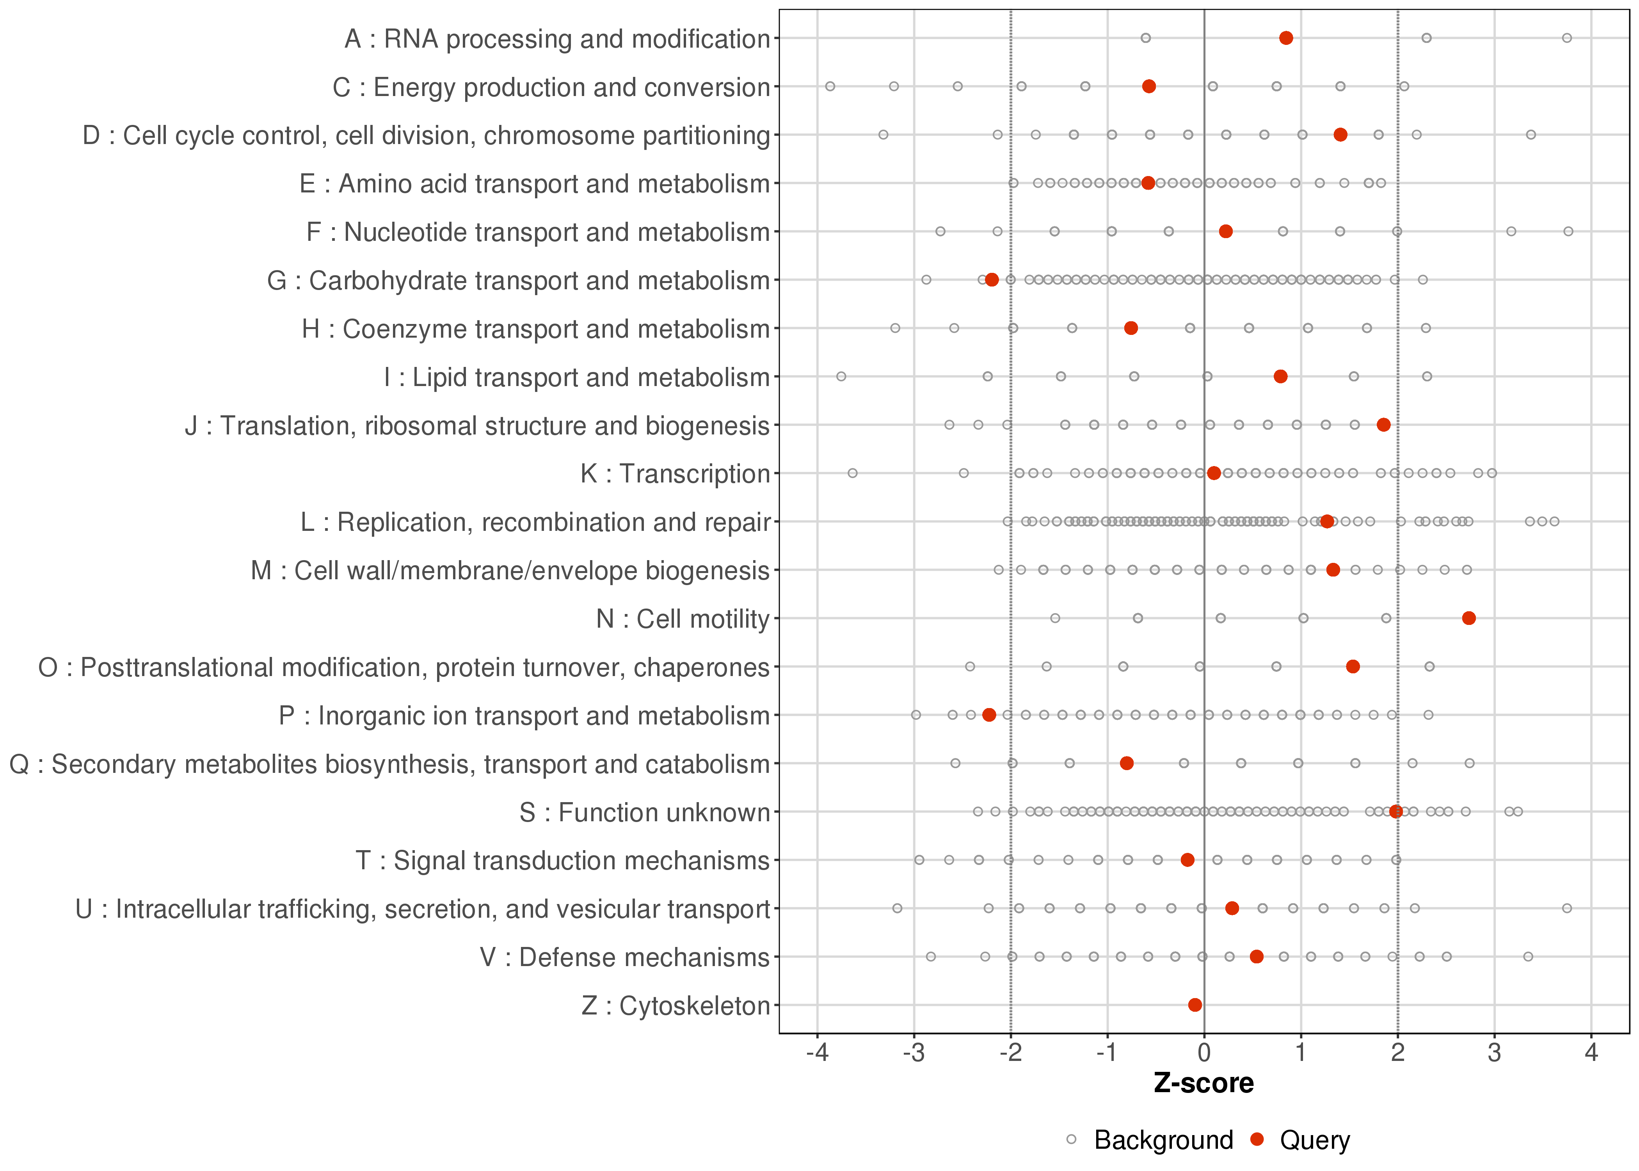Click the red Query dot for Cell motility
tap(1469, 618)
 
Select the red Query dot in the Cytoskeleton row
tap(1195, 1004)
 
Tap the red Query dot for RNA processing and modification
tap(1286, 37)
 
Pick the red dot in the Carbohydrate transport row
tap(992, 280)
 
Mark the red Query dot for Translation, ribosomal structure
tap(1383, 425)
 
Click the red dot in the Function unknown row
tap(1396, 811)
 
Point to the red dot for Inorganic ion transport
tap(989, 715)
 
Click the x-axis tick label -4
tap(817, 1053)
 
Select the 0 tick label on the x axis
tap(1203, 1053)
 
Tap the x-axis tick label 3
tap(1494, 1053)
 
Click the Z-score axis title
tap(1203, 1083)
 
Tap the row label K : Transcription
tap(676, 474)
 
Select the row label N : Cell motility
tap(683, 619)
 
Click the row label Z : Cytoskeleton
tap(676, 1005)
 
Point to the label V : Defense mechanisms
tap(625, 957)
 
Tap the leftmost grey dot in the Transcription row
tap(853, 473)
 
